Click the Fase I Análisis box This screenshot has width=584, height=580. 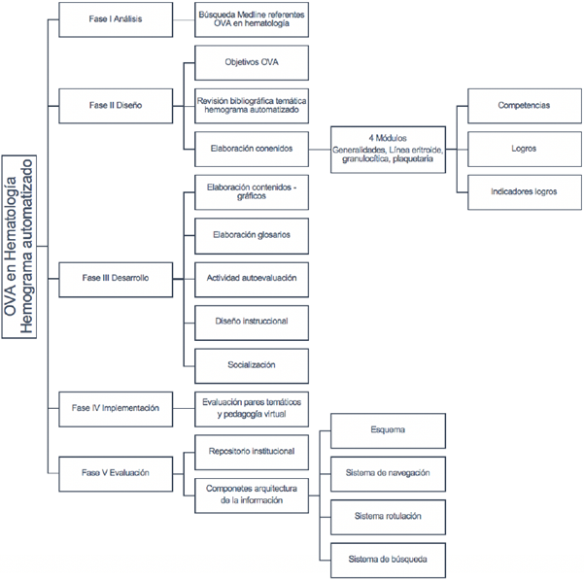pyautogui.click(x=115, y=19)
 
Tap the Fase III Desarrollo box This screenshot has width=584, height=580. pyautogui.click(x=115, y=279)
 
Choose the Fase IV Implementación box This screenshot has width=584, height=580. pyautogui.click(x=115, y=408)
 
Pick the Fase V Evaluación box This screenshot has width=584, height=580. pyautogui.click(x=115, y=472)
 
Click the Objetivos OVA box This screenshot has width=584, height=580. pyautogui.click(x=252, y=63)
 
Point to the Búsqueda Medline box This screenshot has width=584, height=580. pyautogui.click(x=252, y=19)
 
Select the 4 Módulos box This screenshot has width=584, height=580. pyautogui.click(x=388, y=150)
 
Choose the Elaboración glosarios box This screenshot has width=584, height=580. pyautogui.click(x=252, y=235)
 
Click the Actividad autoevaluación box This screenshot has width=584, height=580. pyautogui.click(x=252, y=279)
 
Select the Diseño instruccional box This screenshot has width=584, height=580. pyautogui.click(x=252, y=322)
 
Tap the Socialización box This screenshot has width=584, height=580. pyautogui.click(x=252, y=365)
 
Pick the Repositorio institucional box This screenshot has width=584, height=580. pyautogui.click(x=252, y=451)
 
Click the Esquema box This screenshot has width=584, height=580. pyautogui.click(x=388, y=429)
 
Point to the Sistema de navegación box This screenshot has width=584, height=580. pyautogui.click(x=388, y=473)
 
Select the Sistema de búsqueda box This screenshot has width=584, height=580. pyautogui.click(x=388, y=559)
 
